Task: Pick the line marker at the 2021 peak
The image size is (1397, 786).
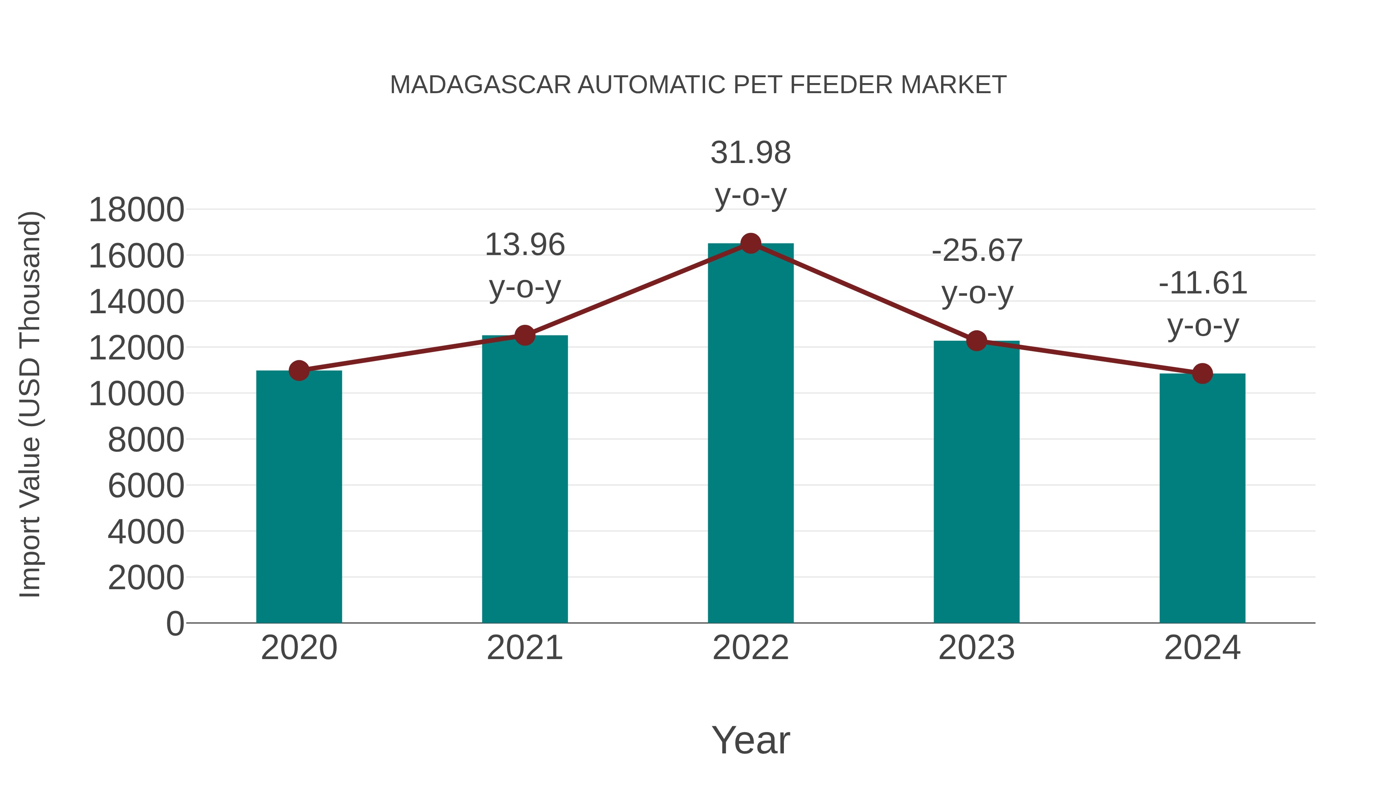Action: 524,335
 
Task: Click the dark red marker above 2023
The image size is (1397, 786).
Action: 976,341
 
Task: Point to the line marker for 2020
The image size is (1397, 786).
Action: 299,371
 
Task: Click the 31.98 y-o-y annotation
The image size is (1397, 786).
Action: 750,174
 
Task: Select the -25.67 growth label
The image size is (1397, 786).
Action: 977,272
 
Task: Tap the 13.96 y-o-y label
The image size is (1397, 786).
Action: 524,266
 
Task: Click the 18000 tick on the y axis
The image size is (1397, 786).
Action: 136,210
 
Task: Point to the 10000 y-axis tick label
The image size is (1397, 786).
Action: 136,394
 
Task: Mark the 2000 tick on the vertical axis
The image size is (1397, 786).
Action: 146,578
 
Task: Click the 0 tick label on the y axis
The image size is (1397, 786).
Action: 175,624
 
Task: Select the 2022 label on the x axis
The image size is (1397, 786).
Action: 750,648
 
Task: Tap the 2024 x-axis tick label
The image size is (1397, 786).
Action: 1202,648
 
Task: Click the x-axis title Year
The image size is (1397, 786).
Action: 750,740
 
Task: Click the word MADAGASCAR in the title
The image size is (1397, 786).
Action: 480,85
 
